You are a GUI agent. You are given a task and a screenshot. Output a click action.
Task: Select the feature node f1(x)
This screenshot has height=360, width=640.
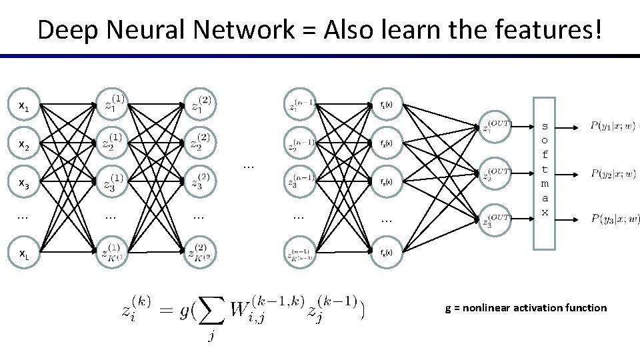tap(386, 105)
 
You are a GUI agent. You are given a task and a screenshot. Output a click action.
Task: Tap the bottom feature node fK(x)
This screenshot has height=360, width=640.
tap(386, 252)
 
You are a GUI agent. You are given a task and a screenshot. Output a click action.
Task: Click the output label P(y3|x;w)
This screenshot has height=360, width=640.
tap(614, 219)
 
